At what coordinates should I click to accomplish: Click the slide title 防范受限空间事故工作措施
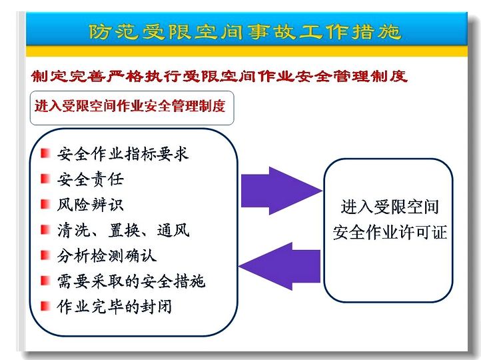[244, 31]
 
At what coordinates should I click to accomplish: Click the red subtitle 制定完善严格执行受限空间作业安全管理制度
[219, 76]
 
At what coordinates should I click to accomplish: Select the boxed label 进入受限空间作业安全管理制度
[130, 106]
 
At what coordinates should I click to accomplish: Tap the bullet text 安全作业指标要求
[123, 154]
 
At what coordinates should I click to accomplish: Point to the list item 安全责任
[90, 179]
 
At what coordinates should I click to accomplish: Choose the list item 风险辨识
[90, 205]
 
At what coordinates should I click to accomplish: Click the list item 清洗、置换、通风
[123, 230]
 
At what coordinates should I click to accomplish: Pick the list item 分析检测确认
[107, 255]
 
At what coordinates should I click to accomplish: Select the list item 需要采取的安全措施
[131, 281]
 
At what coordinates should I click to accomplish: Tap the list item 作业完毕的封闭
[114, 307]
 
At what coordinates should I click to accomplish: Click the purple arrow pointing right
[282, 191]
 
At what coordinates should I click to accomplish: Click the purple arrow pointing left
[279, 266]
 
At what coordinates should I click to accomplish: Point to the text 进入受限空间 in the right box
[390, 207]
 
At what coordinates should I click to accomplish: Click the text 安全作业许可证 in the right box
[390, 232]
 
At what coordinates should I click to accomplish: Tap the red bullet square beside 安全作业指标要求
[45, 153]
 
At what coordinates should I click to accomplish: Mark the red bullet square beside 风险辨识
[45, 204]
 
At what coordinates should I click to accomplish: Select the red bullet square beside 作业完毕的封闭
[45, 306]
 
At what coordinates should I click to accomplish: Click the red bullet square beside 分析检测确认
[45, 255]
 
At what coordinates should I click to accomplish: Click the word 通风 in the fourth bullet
[173, 230]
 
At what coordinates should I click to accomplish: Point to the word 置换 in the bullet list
[124, 230]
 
